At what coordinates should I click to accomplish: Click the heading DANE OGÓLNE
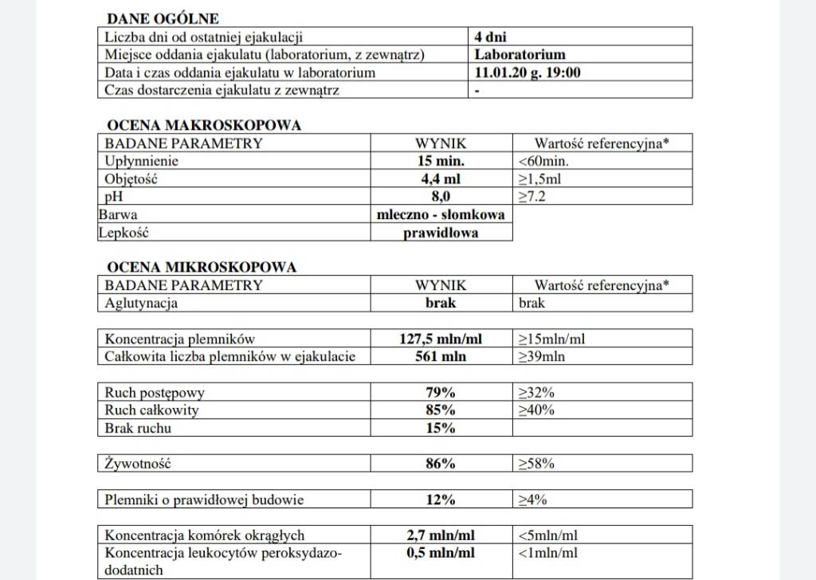163,18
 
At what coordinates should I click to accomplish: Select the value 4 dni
491,37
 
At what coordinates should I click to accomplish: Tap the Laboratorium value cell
520,55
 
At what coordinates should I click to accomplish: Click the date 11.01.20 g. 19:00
527,72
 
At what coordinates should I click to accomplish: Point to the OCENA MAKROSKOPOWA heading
203,125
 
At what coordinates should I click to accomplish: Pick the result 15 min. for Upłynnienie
441,161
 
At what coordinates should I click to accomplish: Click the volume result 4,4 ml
441,179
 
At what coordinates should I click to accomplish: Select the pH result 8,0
441,197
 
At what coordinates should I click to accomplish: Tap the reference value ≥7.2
532,197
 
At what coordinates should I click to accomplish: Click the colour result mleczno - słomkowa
441,215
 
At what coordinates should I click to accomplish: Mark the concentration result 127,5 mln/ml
441,339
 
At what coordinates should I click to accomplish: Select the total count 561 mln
441,356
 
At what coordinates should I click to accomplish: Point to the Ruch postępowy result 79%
441,392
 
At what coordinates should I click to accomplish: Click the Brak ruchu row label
138,428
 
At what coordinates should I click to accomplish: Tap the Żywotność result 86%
441,464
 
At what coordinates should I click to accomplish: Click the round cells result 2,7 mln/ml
441,535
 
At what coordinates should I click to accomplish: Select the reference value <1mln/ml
548,553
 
